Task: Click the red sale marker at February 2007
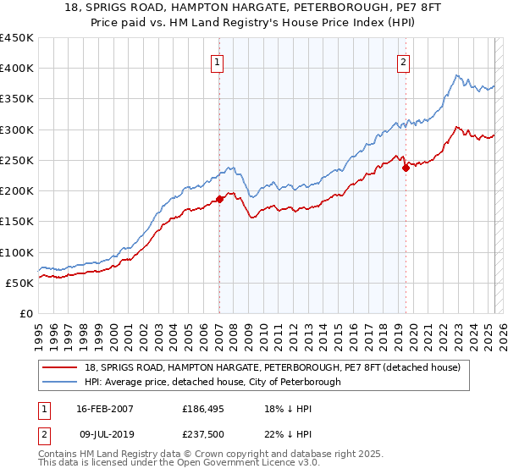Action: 219,199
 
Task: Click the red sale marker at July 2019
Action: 406,168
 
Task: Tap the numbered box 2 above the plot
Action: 404,61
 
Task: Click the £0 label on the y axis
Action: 25,313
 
